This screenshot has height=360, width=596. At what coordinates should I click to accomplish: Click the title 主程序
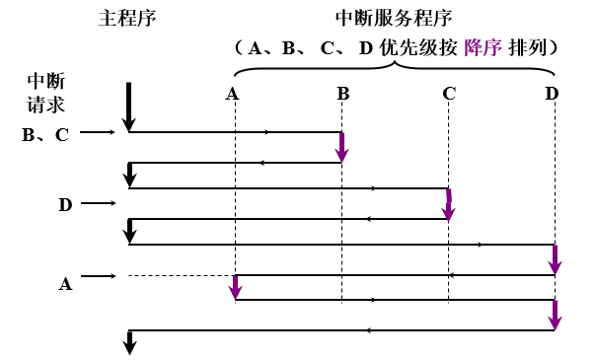pyautogui.click(x=127, y=19)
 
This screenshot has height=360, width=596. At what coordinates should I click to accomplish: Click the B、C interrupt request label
pyautogui.click(x=45, y=135)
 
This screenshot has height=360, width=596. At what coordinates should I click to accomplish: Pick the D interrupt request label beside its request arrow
pyautogui.click(x=65, y=205)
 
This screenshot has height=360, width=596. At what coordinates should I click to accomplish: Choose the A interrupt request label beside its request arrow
pyautogui.click(x=65, y=284)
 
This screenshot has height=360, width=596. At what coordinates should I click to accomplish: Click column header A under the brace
pyautogui.click(x=233, y=95)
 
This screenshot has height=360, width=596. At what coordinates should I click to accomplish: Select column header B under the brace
pyautogui.click(x=342, y=95)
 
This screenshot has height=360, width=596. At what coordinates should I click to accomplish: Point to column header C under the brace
pyautogui.click(x=449, y=95)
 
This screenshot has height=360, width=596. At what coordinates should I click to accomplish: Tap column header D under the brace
pyautogui.click(x=552, y=95)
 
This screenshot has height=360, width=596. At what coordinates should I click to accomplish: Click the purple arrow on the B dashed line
pyautogui.click(x=342, y=147)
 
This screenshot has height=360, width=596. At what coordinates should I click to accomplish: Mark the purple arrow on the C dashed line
pyautogui.click(x=449, y=204)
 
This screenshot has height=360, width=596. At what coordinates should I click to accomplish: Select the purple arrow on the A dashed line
pyautogui.click(x=235, y=287)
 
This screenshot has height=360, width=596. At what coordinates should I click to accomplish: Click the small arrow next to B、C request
pyautogui.click(x=99, y=131)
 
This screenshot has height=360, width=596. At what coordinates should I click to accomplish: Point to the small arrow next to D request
pyautogui.click(x=99, y=204)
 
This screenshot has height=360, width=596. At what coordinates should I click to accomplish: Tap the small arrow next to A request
pyautogui.click(x=99, y=276)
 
